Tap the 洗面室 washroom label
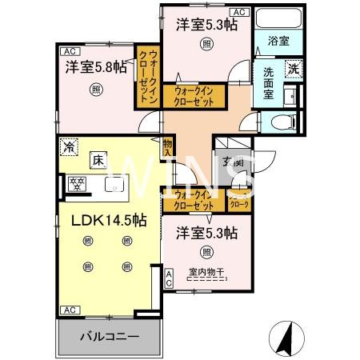[x=266, y=82]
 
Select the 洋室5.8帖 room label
[x=95, y=66]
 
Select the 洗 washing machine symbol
[x=294, y=69]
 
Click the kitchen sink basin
[x=114, y=190]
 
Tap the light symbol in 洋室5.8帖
[x=95, y=90]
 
